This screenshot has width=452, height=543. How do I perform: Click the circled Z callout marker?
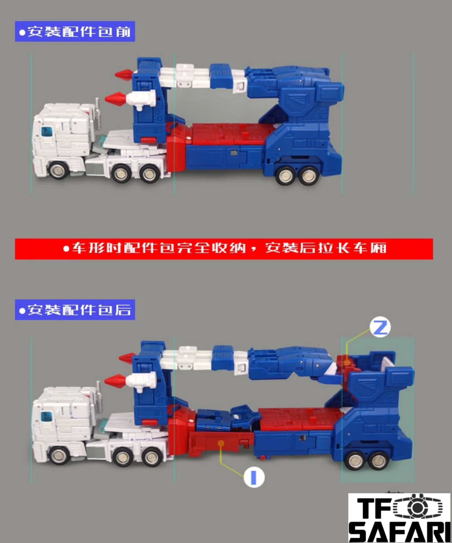pyautogui.click(x=380, y=327)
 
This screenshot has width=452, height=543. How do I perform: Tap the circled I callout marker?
pyautogui.click(x=254, y=477)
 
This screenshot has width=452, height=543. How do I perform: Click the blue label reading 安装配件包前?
pyautogui.click(x=75, y=31)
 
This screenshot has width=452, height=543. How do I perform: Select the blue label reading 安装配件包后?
pyautogui.click(x=75, y=310)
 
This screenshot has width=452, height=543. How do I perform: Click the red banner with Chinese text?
pyautogui.click(x=224, y=249)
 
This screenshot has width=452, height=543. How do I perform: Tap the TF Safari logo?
pyautogui.click(x=399, y=518)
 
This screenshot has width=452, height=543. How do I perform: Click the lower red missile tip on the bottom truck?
pyautogui.click(x=115, y=381)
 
